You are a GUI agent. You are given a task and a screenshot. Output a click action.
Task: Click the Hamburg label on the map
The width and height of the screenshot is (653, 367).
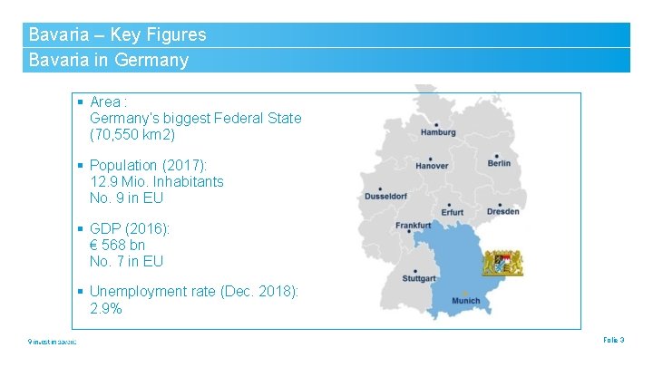point(438,132)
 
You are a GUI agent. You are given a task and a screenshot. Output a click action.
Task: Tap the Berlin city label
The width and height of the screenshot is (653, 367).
point(499,163)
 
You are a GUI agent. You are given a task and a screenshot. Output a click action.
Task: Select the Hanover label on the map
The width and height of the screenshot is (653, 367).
point(432,166)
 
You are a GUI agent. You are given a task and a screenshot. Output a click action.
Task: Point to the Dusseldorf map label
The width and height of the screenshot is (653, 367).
point(386,197)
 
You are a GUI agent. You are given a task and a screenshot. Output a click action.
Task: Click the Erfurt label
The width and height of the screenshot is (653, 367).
point(452,212)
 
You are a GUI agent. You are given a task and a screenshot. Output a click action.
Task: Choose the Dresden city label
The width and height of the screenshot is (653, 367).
point(502,211)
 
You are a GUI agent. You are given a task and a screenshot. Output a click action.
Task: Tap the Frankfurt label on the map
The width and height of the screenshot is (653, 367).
point(414,225)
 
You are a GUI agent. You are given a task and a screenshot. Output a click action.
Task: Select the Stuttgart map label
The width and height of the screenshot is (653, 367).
point(419,278)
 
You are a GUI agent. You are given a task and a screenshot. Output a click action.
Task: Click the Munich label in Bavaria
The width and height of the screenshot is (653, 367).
point(465,301)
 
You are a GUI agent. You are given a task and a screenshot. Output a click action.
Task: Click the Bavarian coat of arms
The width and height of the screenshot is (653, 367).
point(502,262)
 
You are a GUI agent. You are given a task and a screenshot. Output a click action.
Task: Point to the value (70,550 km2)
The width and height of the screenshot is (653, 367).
point(132,135)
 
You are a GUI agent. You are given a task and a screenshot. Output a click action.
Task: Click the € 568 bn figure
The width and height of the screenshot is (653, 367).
point(118,245)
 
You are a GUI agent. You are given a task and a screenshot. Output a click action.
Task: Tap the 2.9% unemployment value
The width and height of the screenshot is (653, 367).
point(106,308)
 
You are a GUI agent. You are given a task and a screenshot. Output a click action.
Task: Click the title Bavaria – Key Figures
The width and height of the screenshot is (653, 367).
point(118,35)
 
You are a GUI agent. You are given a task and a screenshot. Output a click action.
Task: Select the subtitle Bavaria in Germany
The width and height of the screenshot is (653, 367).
point(109,61)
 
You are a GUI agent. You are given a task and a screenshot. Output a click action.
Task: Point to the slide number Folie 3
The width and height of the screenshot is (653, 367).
point(613,340)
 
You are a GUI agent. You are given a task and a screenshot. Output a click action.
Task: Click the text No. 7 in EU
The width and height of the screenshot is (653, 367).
point(127,261)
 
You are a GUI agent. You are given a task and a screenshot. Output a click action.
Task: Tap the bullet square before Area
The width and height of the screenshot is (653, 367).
point(81,102)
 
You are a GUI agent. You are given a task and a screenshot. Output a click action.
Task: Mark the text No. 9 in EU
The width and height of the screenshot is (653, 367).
point(127,198)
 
